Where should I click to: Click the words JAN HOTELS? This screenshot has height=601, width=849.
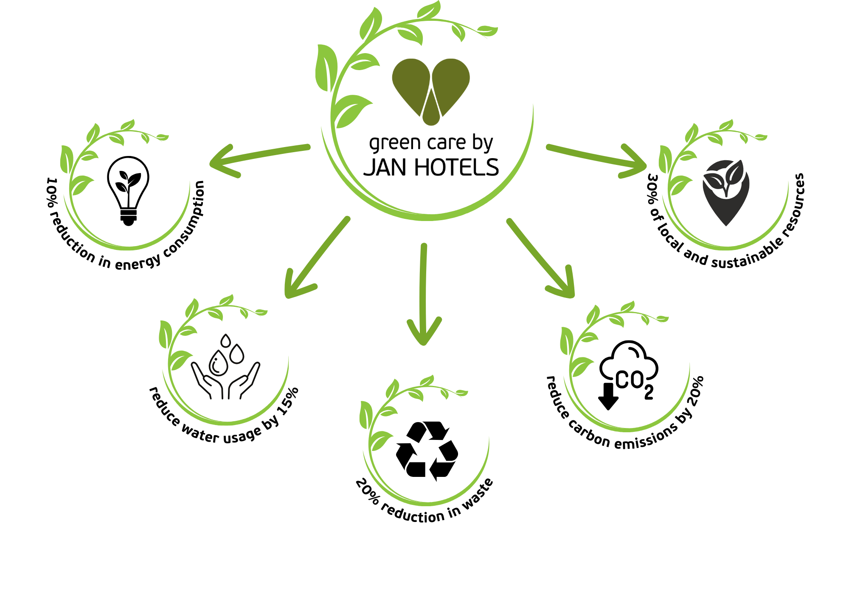tap(431, 167)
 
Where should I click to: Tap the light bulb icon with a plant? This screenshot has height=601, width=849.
tap(128, 190)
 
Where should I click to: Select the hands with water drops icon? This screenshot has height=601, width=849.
tap(225, 366)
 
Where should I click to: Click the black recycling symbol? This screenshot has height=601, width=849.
tap(427, 451)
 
